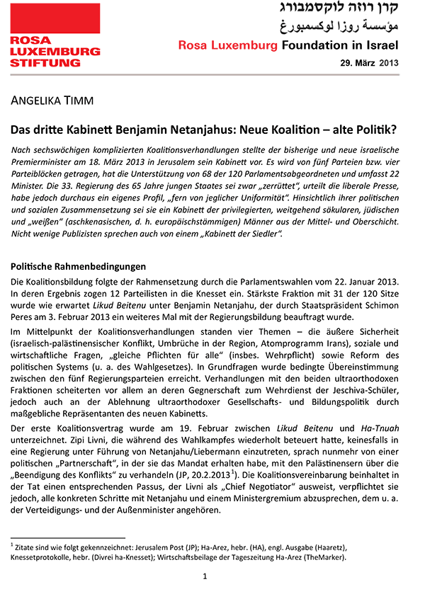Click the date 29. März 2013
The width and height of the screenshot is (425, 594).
pos(370,63)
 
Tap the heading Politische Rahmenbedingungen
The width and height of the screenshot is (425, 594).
pos(78,267)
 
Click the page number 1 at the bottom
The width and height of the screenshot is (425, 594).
pos(205,577)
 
